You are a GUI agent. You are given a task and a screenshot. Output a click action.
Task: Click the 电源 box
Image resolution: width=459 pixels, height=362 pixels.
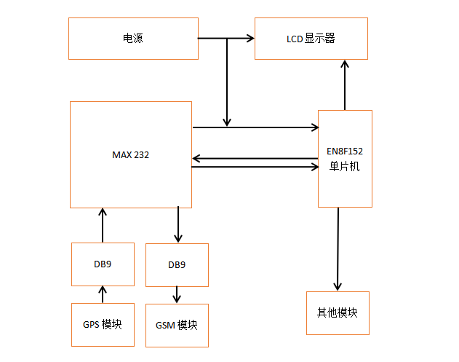pyautogui.click(x=132, y=39)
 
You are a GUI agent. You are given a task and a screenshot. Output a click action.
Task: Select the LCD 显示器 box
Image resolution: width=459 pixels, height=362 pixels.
pyautogui.click(x=311, y=39)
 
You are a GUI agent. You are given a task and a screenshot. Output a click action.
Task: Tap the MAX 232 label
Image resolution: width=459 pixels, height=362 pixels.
pyautogui.click(x=131, y=155)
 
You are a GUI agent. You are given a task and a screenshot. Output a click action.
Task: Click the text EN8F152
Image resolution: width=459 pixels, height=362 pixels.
pyautogui.click(x=345, y=152)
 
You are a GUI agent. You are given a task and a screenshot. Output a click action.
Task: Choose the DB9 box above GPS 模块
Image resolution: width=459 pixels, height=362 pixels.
pyautogui.click(x=103, y=264)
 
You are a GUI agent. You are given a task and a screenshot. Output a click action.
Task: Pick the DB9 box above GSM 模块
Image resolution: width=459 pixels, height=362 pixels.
pyautogui.click(x=177, y=265)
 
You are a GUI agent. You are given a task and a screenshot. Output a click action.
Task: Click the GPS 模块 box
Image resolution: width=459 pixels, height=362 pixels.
pyautogui.click(x=103, y=324)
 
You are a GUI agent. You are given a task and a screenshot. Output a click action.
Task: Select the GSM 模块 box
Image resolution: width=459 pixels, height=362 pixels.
pyautogui.click(x=177, y=325)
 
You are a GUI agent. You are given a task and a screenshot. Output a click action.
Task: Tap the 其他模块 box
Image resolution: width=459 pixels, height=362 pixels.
pyautogui.click(x=338, y=313)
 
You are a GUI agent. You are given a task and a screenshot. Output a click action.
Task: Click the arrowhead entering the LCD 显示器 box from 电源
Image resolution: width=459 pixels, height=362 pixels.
pyautogui.click(x=249, y=39)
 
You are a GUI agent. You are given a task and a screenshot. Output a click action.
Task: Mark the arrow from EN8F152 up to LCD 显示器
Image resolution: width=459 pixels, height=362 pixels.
pyautogui.click(x=345, y=84)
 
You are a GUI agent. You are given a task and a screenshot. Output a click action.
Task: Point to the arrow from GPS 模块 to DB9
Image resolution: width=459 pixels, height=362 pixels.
pyautogui.click(x=103, y=294)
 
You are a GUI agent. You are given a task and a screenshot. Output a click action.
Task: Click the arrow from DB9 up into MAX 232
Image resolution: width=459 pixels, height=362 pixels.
pyautogui.click(x=103, y=225)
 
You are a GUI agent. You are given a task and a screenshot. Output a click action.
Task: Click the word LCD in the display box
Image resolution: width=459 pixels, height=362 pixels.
pyautogui.click(x=295, y=39)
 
